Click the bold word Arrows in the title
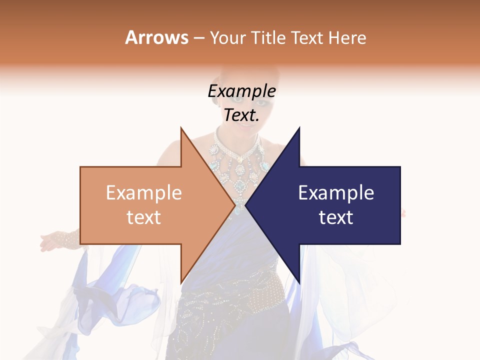156,37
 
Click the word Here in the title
347,38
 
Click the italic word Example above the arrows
241,91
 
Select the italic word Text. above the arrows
241,115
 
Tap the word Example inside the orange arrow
143,193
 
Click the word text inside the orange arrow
143,217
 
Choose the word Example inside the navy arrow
336,193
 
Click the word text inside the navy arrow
336,217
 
